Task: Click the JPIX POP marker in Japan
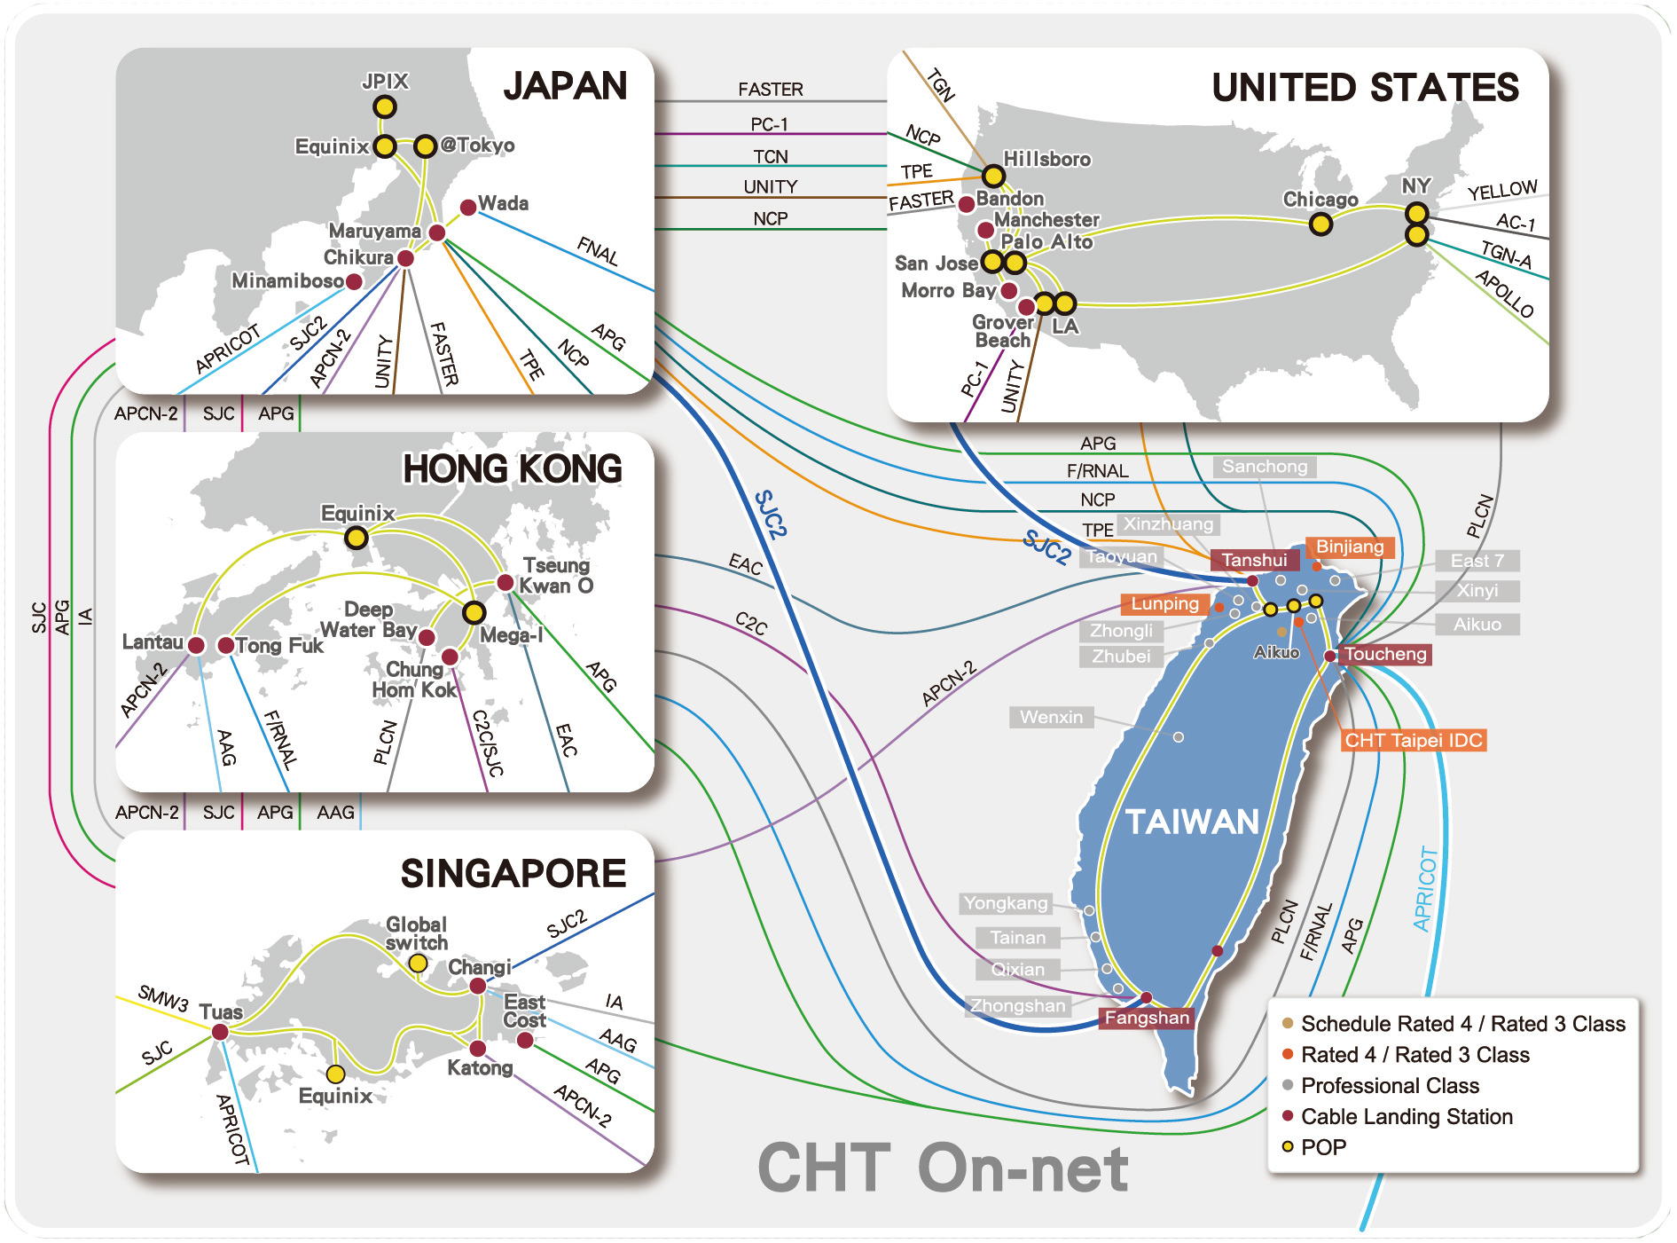click(384, 107)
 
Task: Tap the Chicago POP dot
click(1320, 224)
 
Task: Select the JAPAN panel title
click(565, 86)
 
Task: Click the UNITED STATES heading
click(1365, 88)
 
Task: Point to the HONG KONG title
click(512, 468)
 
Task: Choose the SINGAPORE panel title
click(513, 873)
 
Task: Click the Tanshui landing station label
click(1254, 560)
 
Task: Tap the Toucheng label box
click(1384, 655)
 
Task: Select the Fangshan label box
click(1146, 1018)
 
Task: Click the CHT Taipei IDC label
click(1413, 740)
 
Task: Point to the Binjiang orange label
click(1349, 547)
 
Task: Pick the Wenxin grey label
click(1051, 717)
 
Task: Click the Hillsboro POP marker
click(993, 176)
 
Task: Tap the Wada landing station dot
click(468, 208)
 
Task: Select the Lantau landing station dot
click(197, 645)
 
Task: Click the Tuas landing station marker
click(220, 1032)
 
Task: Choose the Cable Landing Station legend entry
click(1406, 1116)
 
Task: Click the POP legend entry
click(1322, 1147)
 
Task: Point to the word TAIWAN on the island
click(1192, 822)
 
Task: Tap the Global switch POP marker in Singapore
click(418, 964)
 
